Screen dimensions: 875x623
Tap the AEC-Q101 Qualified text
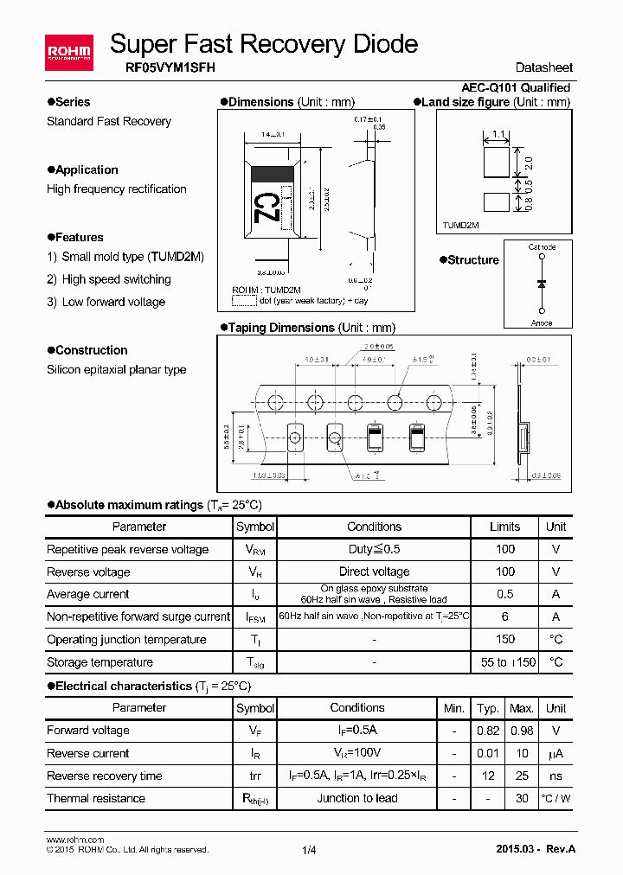(516, 87)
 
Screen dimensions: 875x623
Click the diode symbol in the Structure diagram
(542, 284)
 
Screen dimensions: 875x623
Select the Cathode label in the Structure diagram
(542, 247)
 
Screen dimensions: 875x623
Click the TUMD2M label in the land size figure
(460, 224)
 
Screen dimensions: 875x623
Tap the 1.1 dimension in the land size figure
(498, 134)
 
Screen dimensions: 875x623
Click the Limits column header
(505, 527)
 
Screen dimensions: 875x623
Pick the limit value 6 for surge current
(505, 616)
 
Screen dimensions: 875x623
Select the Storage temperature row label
(100, 662)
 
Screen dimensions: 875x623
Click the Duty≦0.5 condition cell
(374, 549)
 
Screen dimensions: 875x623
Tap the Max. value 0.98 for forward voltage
(522, 731)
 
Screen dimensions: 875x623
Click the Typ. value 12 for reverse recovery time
(488, 776)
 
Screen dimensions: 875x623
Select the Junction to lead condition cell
(357, 798)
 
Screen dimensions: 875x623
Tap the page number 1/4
(310, 850)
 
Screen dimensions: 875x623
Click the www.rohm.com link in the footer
(74, 840)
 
